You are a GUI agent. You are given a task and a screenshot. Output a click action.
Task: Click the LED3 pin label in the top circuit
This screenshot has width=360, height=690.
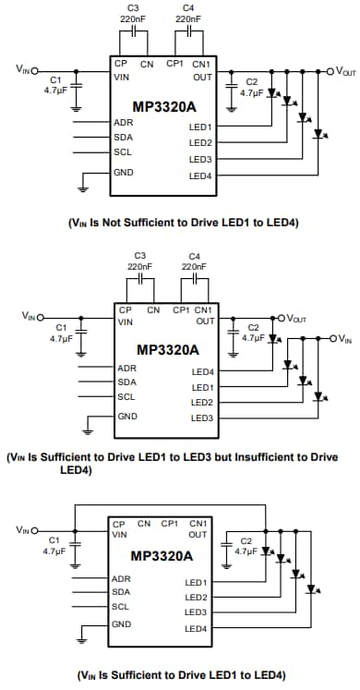click(x=200, y=158)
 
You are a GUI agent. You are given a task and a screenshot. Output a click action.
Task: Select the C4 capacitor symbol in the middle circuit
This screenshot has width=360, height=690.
click(x=194, y=277)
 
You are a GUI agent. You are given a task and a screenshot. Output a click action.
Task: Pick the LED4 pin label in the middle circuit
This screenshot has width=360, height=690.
click(x=202, y=371)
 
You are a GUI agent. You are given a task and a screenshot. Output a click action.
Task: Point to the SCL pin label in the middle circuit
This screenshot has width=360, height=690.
click(x=127, y=397)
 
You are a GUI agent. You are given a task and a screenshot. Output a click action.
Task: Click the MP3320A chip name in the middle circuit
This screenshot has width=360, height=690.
click(x=168, y=349)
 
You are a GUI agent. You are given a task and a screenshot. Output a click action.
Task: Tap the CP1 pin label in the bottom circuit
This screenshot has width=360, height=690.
click(x=170, y=524)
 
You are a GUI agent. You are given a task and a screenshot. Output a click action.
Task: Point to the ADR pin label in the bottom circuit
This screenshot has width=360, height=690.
click(x=122, y=579)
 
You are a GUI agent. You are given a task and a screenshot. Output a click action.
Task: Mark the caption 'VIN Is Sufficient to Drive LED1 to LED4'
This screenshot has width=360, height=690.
click(x=178, y=674)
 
